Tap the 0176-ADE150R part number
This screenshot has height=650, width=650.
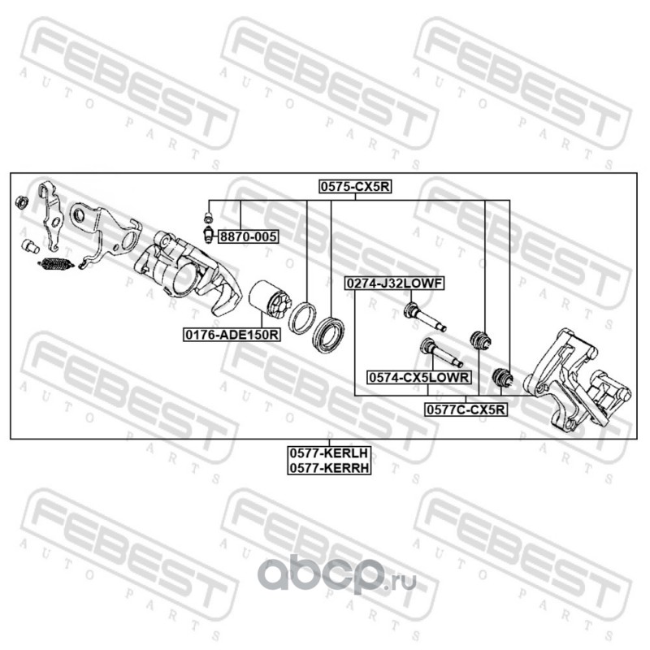[232, 334]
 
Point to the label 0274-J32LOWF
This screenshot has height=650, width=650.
[394, 284]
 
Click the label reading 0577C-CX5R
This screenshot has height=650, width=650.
[466, 410]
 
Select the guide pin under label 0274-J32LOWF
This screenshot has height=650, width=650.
[422, 316]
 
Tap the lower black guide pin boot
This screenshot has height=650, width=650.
[503, 376]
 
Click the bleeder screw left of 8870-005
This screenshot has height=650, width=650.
[209, 227]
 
